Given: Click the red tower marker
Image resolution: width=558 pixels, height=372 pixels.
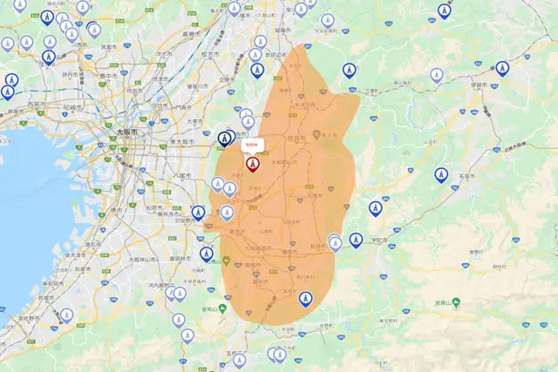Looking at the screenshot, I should (253, 163).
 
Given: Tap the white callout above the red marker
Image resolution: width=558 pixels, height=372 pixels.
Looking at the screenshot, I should (253, 145).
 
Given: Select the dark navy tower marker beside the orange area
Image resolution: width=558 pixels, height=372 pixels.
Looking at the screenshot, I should (225, 139).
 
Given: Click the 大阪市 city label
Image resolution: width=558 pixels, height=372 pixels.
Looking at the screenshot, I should (127, 132).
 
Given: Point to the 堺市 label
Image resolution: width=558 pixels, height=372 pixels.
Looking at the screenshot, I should (117, 210).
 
